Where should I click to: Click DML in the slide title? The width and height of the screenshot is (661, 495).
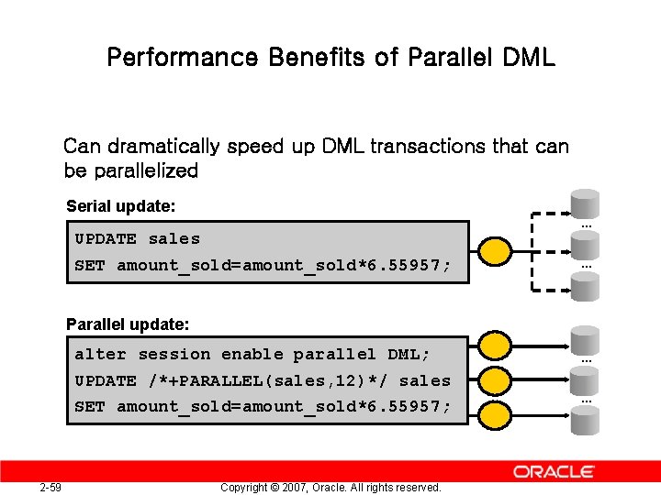click(529, 58)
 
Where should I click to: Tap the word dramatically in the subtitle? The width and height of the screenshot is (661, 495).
click(163, 147)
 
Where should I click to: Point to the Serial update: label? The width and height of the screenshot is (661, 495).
click(120, 208)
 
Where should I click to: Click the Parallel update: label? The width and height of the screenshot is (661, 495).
click(128, 324)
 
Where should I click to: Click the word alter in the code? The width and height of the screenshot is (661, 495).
click(100, 355)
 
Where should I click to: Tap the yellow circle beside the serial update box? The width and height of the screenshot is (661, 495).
click(496, 249)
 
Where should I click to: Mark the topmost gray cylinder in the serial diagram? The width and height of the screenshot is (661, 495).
click(585, 203)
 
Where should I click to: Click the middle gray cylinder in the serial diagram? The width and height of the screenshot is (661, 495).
click(585, 245)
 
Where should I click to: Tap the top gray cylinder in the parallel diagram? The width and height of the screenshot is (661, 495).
click(585, 339)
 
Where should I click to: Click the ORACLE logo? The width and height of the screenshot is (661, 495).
click(554, 471)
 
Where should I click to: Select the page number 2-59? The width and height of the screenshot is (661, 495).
click(50, 487)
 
